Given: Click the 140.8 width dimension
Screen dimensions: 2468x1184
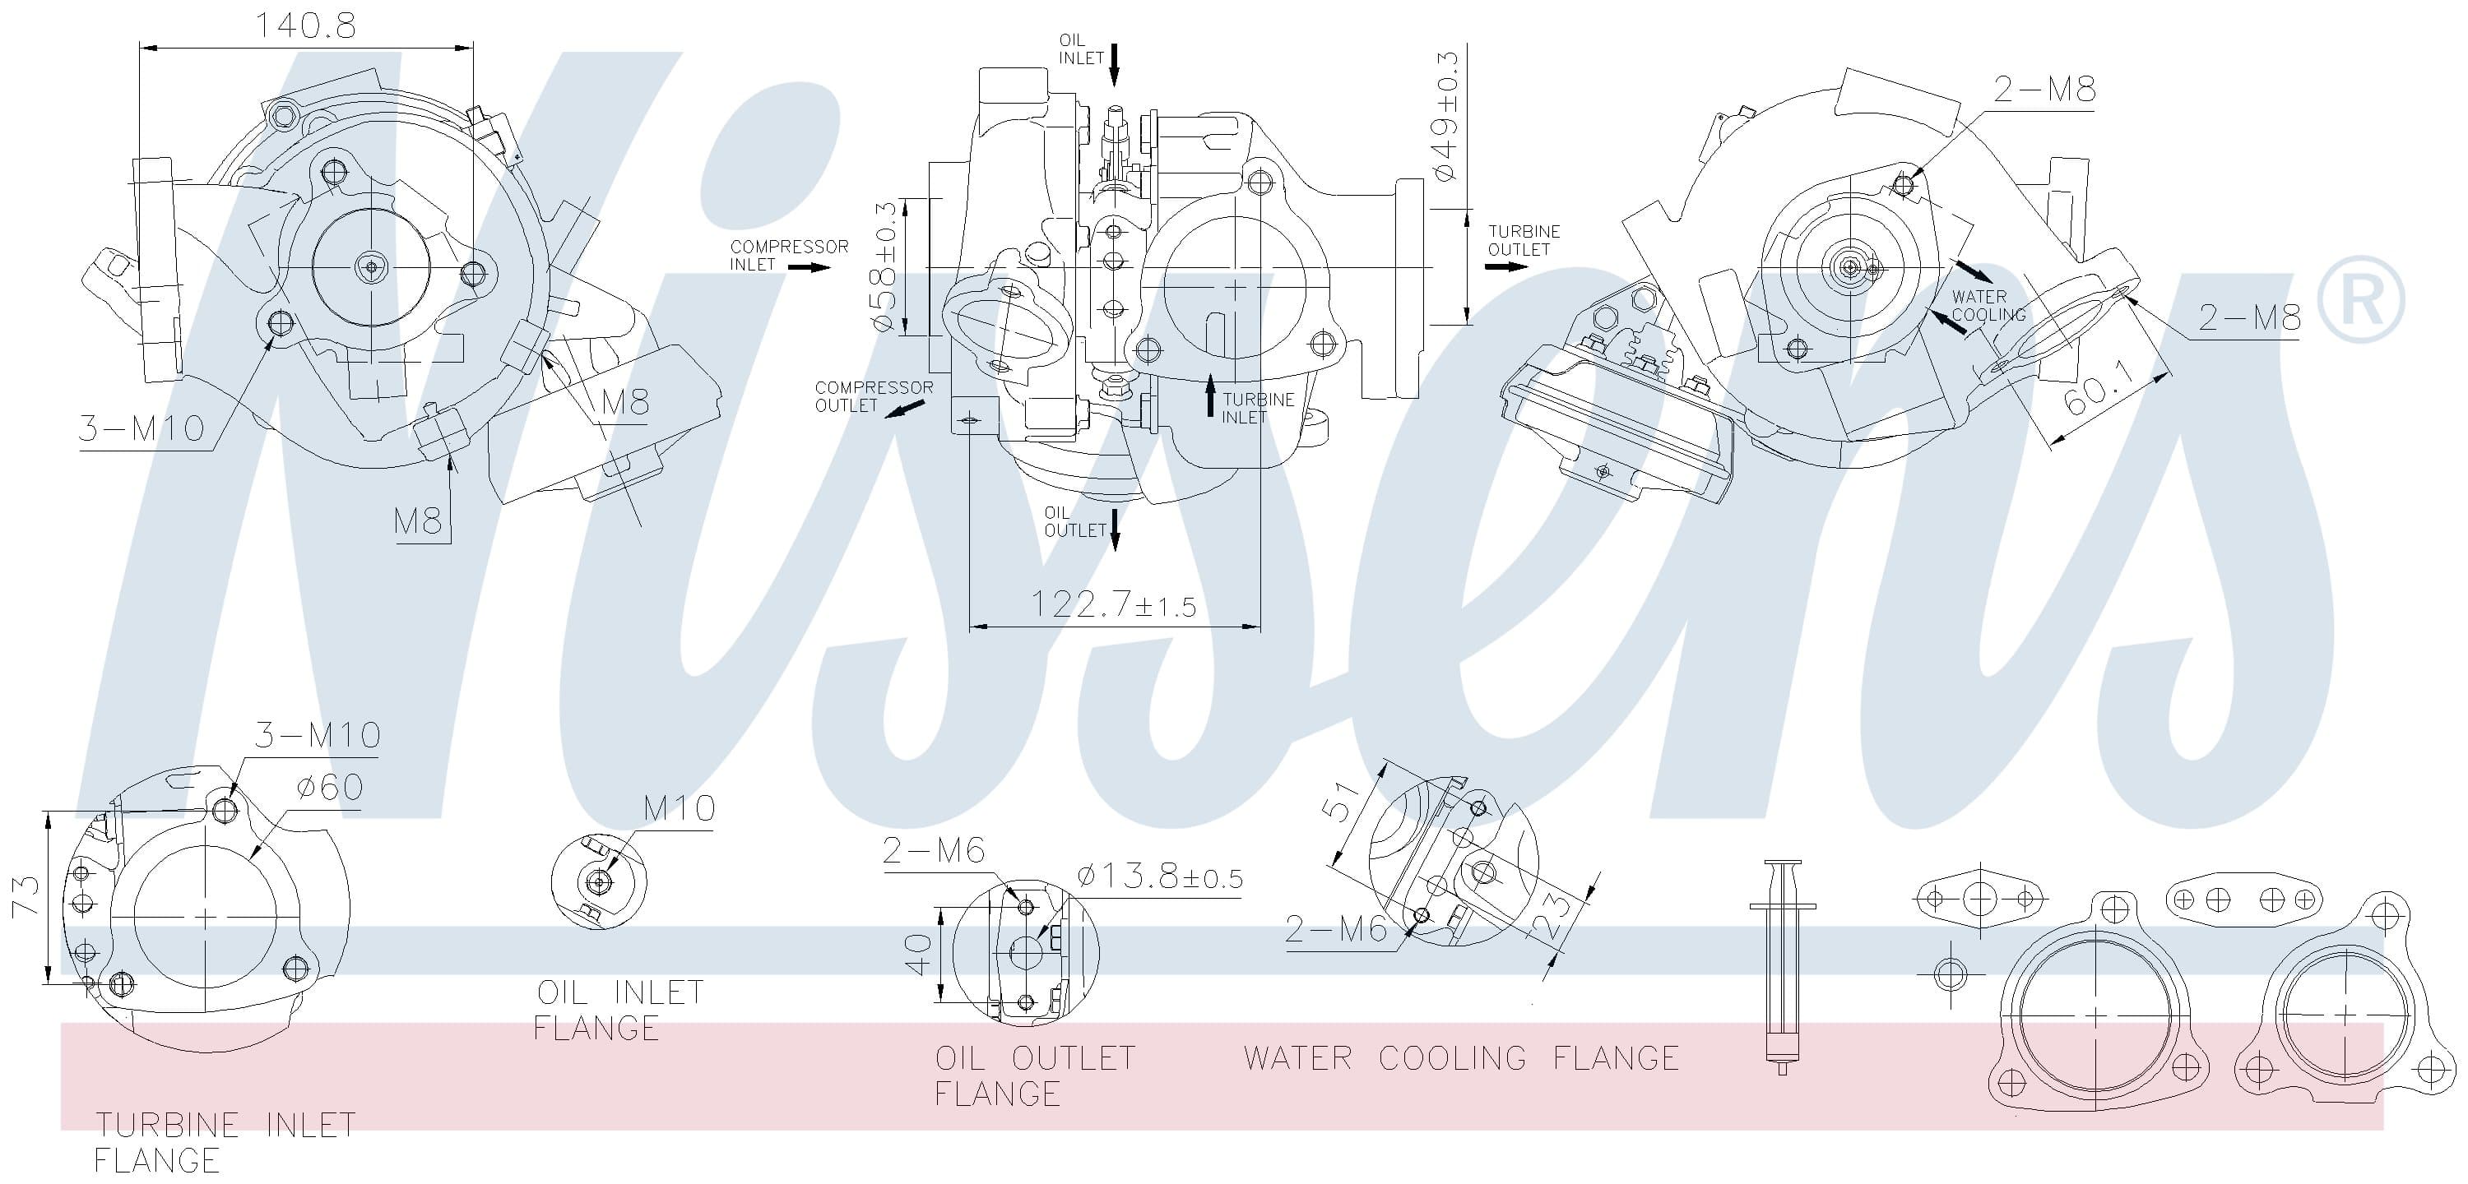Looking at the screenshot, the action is pos(304,25).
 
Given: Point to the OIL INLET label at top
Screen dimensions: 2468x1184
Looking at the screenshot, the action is pos(1081,49).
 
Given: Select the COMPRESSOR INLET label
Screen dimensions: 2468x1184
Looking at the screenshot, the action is pos(788,256).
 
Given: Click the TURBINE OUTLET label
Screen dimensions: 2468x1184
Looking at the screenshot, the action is pos(1524,240).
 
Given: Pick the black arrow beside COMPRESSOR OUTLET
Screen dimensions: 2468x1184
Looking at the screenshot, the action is pos(903,409).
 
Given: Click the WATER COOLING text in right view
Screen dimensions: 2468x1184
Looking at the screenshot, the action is pos(1989,306).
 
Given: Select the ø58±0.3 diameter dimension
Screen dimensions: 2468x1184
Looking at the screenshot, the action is pos(884,267).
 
